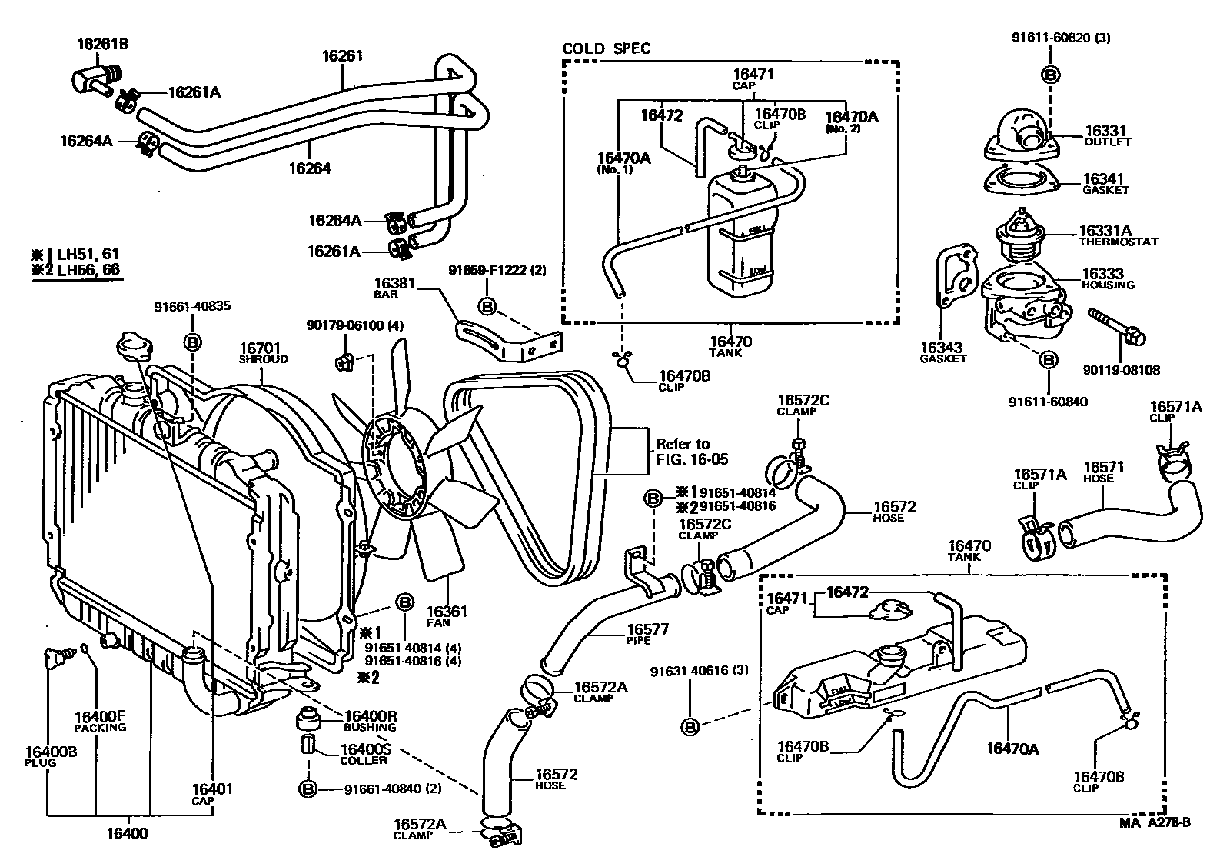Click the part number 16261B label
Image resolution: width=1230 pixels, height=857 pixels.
[x=102, y=45]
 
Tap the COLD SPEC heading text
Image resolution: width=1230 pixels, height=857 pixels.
[x=606, y=48]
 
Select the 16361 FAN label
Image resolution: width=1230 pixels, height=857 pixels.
[x=447, y=615]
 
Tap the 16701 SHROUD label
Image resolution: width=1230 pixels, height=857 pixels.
[x=262, y=353]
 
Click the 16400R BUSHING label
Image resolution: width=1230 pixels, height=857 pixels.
[x=370, y=719]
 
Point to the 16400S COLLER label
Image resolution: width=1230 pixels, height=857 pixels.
[x=364, y=754]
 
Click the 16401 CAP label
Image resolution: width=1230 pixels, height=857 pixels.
[x=212, y=793]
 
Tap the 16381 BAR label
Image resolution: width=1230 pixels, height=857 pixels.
[x=394, y=287]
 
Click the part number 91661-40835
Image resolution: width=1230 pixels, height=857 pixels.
[x=192, y=306]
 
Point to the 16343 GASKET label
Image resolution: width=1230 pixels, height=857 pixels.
[x=942, y=352]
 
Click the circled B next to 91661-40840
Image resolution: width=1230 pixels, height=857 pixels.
[x=307, y=789]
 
